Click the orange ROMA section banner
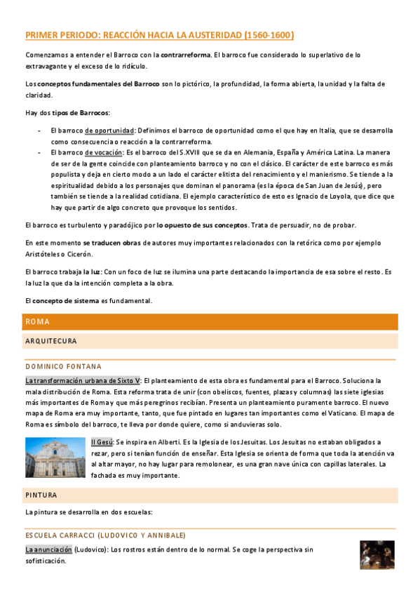pyautogui.click(x=210, y=321)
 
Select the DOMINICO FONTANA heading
pyautogui.click(x=63, y=366)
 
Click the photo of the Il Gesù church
pyautogui.click(x=55, y=457)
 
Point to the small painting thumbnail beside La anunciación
pyautogui.click(x=377, y=555)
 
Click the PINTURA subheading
pyautogui.click(x=41, y=495)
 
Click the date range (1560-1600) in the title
pyautogui.click(x=269, y=34)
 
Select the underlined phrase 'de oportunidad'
pyautogui.click(x=109, y=131)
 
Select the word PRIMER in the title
pyautogui.click(x=43, y=34)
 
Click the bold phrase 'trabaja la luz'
pyautogui.click(x=78, y=271)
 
